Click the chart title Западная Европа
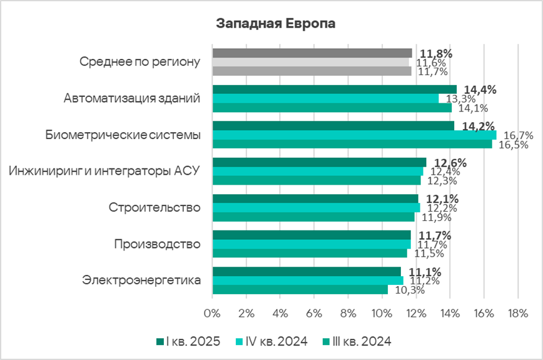275,24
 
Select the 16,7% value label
518,135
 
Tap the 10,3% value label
410,290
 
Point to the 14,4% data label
479,90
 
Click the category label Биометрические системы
123,135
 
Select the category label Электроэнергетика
141,280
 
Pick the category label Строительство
155,207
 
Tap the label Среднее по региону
140,62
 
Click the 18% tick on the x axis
517,312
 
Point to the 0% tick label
212,312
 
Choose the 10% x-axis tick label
381,312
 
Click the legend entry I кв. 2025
190,341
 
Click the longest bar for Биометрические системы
354,135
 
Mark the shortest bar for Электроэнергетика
300,290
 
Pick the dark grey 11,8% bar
312,53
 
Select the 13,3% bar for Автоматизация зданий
325,98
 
